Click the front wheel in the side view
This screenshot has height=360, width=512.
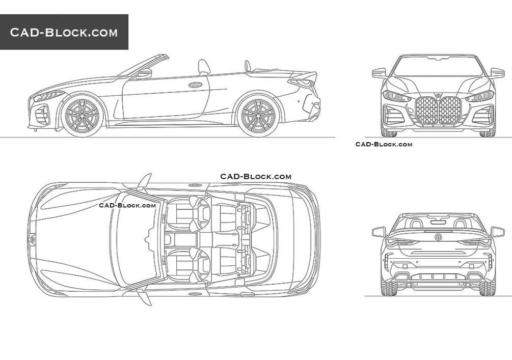pyautogui.click(x=82, y=116)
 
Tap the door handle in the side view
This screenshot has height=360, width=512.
pyautogui.click(x=195, y=85)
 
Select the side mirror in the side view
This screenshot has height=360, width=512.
pyautogui.click(x=144, y=73)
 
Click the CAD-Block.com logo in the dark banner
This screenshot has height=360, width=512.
pyautogui.click(x=64, y=33)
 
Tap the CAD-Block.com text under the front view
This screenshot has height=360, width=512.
pyautogui.click(x=384, y=144)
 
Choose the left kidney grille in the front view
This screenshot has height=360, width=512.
pyautogui.click(x=426, y=110)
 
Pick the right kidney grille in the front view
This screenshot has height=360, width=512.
pyautogui.click(x=450, y=110)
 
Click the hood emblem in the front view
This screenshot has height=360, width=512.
pyautogui.click(x=438, y=95)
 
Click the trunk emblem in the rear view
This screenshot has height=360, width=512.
pyautogui.click(x=438, y=237)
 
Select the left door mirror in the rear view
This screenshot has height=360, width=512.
pyautogui.click(x=378, y=232)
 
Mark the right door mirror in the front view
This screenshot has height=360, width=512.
pyautogui.click(x=497, y=73)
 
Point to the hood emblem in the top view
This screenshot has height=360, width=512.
pyautogui.click(x=32, y=238)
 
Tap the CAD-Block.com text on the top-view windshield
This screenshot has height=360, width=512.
pyautogui.click(x=127, y=205)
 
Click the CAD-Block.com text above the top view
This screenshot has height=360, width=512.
pyautogui.click(x=256, y=177)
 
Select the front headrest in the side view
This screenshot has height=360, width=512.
pyautogui.click(x=204, y=66)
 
